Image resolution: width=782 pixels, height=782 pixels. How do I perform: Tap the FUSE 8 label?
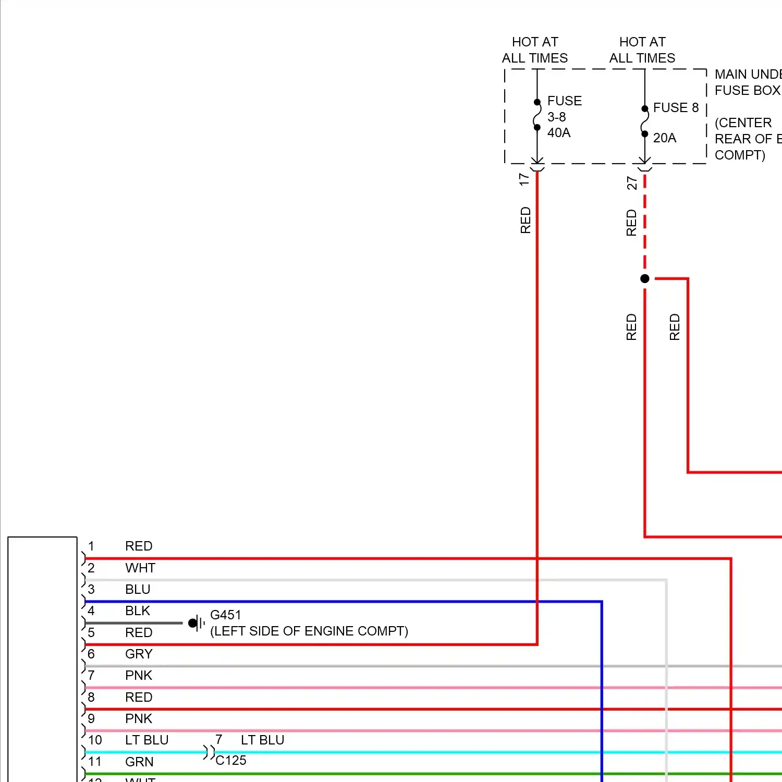pyautogui.click(x=675, y=107)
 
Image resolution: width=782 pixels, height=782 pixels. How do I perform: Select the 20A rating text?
pyautogui.click(x=664, y=138)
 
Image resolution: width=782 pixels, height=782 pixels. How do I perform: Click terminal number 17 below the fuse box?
pyautogui.click(x=524, y=179)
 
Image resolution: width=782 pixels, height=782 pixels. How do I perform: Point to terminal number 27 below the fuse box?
pyautogui.click(x=631, y=183)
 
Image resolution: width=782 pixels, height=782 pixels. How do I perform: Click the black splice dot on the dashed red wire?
pyautogui.click(x=645, y=278)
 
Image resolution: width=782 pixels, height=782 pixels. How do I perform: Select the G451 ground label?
pyautogui.click(x=225, y=615)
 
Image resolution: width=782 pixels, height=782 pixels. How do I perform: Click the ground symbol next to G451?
pyautogui.click(x=195, y=623)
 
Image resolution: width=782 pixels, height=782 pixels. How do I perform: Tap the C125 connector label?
pyautogui.click(x=231, y=760)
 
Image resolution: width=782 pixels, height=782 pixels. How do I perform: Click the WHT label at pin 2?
pyautogui.click(x=140, y=568)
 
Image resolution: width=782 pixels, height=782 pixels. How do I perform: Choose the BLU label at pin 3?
pyautogui.click(x=138, y=589)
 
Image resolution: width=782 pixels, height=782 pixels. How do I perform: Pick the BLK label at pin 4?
pyautogui.click(x=138, y=610)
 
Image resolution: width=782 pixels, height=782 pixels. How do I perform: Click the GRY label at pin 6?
pyautogui.click(x=139, y=654)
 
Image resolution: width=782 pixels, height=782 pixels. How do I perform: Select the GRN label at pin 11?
pyautogui.click(x=139, y=762)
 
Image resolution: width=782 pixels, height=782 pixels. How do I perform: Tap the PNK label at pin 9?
pyautogui.click(x=139, y=718)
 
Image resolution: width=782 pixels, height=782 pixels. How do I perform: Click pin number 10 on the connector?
pyautogui.click(x=95, y=740)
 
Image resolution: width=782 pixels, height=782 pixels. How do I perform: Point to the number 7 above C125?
pyautogui.click(x=219, y=740)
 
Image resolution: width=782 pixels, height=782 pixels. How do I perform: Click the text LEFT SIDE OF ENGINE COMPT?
pyautogui.click(x=309, y=631)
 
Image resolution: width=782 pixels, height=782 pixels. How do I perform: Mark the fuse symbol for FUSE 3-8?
pyautogui.click(x=537, y=115)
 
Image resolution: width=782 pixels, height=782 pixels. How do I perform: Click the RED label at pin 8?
pyautogui.click(x=139, y=697)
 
